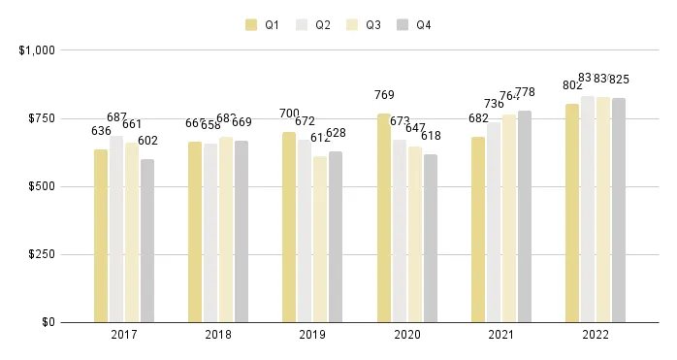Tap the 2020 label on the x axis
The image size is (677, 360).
[406, 335]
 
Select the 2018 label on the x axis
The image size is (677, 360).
[218, 335]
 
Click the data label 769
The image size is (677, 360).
[384, 95]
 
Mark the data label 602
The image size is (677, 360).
[147, 141]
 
